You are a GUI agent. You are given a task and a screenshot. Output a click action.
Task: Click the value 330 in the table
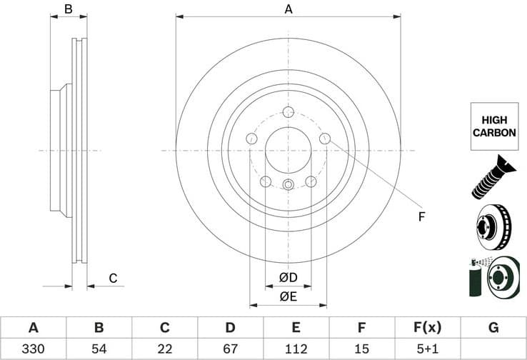[x=33, y=349]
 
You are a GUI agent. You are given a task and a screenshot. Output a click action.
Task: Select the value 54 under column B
[x=99, y=349]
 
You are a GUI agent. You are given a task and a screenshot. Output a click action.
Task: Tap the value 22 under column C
[x=164, y=349]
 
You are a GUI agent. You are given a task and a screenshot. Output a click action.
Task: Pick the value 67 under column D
[x=230, y=349]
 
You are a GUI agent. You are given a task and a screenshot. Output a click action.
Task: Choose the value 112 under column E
[x=296, y=349]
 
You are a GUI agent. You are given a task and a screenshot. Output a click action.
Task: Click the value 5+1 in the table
[x=427, y=349]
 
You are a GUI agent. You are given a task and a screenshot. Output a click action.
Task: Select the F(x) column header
[x=427, y=328]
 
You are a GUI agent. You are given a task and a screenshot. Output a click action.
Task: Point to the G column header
[x=493, y=328]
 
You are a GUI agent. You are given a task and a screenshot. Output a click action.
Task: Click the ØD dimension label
[x=288, y=277]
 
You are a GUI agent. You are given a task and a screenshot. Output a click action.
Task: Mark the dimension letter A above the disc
[x=288, y=9]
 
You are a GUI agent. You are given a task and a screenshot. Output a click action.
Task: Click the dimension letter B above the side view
[x=68, y=9]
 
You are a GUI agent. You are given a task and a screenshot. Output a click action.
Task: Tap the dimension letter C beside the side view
[x=112, y=278]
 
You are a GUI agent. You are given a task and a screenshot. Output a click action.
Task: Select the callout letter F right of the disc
[x=421, y=216]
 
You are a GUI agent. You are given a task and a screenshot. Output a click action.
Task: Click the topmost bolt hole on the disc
[x=288, y=112]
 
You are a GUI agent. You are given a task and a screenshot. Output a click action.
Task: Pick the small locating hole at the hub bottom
[x=288, y=186]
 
